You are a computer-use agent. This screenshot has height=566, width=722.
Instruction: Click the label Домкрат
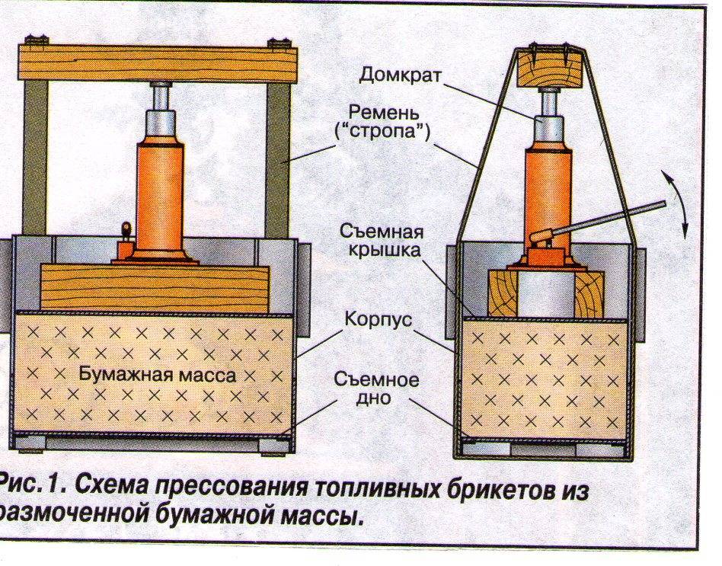[x=400, y=75]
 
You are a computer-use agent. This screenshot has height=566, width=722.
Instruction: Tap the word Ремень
[x=384, y=112]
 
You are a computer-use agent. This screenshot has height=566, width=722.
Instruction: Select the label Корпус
[x=378, y=319]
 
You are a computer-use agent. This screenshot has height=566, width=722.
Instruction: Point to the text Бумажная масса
[x=158, y=375]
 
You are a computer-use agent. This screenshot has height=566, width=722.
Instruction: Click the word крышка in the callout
[x=384, y=250]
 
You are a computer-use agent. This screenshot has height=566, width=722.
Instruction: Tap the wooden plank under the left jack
[x=155, y=287]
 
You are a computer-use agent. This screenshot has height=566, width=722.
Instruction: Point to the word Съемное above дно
[x=376, y=380]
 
